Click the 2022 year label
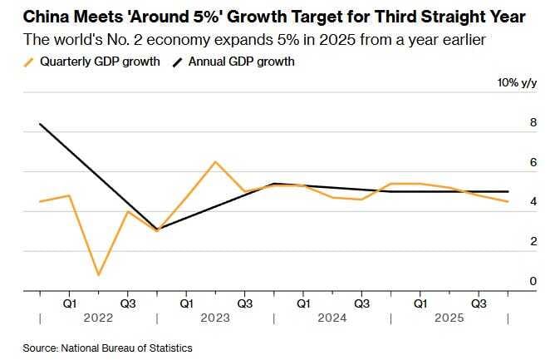[x=97, y=318]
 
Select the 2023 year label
[x=214, y=318]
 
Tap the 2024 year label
[x=332, y=318]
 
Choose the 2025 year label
[x=449, y=318]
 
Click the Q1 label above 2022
[x=70, y=304]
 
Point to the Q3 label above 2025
[x=479, y=304]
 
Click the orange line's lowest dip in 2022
[x=99, y=274]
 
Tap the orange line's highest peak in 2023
[x=215, y=161]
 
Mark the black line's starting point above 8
[x=40, y=124]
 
